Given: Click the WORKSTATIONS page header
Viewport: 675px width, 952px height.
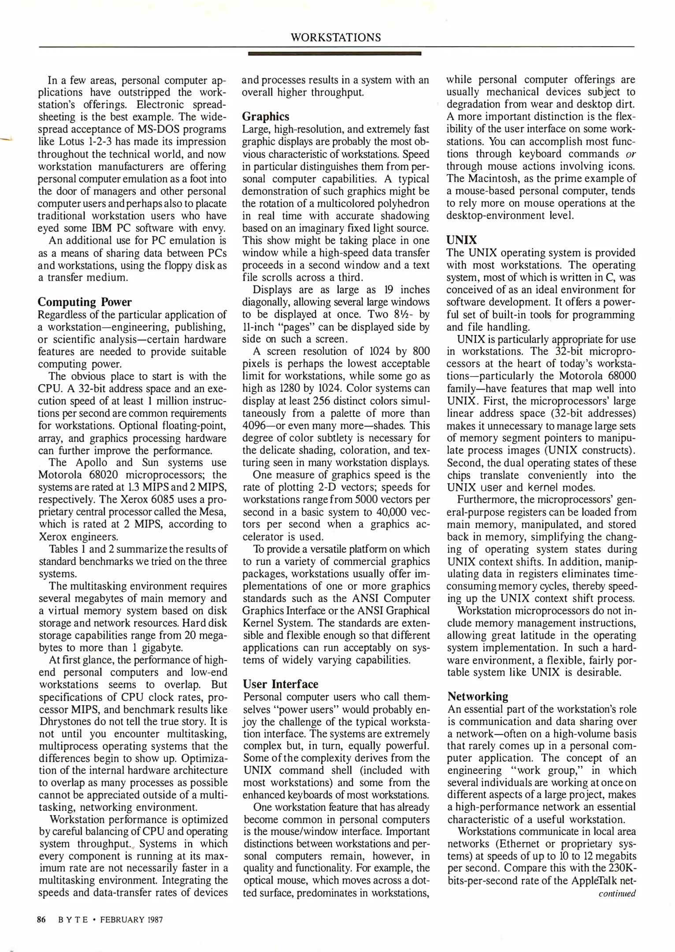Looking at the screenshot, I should pos(336,37).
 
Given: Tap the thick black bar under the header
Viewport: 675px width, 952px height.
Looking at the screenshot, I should pos(335,53).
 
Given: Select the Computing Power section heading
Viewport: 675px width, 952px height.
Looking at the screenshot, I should pos(85,302).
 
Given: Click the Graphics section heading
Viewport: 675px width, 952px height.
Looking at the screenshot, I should pos(266,116).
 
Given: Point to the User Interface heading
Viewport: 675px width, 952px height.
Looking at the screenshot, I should pos(280,684).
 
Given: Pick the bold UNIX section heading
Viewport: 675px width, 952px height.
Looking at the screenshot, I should pos(461,240).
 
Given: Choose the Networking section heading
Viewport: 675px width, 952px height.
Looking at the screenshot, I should pos(478,696).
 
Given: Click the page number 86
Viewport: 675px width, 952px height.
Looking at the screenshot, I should pos(42,920).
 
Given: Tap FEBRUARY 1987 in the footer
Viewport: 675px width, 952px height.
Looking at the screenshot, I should pos(131,920).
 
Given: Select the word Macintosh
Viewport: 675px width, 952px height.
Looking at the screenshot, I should pos(494,178).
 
